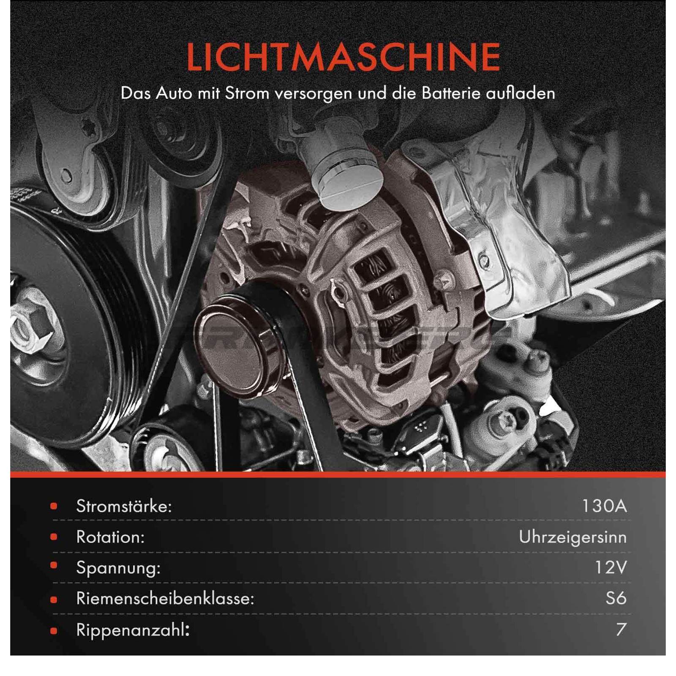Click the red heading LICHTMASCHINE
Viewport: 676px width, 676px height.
(343, 57)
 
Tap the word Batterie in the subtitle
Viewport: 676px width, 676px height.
(451, 93)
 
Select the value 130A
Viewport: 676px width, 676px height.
(604, 506)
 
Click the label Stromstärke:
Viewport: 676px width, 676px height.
(124, 506)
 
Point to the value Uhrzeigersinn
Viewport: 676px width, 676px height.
(572, 537)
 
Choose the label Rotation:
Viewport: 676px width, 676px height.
(110, 537)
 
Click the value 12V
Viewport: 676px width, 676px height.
(611, 568)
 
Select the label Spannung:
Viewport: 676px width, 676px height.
(118, 569)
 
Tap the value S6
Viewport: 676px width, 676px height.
(616, 598)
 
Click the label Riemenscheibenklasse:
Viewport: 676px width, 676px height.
(165, 599)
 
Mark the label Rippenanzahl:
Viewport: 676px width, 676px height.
(133, 630)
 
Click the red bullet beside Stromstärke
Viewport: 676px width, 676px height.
(54, 506)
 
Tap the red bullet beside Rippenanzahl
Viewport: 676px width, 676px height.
(54, 631)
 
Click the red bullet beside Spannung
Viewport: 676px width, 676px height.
(54, 568)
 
